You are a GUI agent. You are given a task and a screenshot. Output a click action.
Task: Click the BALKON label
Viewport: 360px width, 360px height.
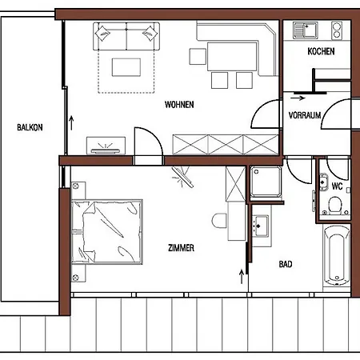[x=30, y=127]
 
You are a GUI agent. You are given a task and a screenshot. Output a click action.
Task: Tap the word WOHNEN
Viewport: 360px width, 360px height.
[x=179, y=105]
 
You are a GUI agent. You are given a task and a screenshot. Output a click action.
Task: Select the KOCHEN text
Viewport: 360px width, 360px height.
[x=321, y=51]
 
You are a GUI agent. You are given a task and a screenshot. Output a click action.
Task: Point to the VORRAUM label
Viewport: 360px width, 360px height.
[x=305, y=115]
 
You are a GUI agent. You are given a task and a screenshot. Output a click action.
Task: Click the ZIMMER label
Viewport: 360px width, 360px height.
[x=181, y=248]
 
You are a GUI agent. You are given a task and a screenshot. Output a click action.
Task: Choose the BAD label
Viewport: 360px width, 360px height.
[x=286, y=264]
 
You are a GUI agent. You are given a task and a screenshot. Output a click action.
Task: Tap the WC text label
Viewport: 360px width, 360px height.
[x=337, y=186]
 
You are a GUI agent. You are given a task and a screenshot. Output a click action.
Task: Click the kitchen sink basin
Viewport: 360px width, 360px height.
[x=306, y=30]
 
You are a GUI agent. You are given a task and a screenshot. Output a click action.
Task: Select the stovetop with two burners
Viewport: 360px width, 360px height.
[x=337, y=30]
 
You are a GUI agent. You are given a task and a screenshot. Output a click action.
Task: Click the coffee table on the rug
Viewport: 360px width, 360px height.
[x=126, y=67]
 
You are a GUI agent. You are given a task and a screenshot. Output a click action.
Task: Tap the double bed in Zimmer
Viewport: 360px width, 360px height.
[x=106, y=231]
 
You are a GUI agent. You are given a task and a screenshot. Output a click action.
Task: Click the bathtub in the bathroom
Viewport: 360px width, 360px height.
[x=337, y=255]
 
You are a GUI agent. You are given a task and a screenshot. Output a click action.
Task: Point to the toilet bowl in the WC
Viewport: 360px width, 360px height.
[x=335, y=206]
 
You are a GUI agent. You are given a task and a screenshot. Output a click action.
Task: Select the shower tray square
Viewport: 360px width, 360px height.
[x=266, y=182]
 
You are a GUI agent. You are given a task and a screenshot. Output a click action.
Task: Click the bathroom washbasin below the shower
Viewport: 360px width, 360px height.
[x=260, y=226]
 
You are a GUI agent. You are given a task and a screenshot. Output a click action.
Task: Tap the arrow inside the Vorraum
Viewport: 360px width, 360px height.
[x=298, y=98]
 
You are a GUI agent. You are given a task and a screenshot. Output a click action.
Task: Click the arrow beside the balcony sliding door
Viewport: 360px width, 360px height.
[x=71, y=123]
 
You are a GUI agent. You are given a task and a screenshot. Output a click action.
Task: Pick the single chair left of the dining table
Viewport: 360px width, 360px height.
[x=198, y=56]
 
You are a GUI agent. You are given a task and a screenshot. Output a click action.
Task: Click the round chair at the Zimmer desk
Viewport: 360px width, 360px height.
[x=219, y=221]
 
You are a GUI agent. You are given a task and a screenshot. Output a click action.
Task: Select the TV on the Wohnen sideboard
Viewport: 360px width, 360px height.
[x=105, y=150]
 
